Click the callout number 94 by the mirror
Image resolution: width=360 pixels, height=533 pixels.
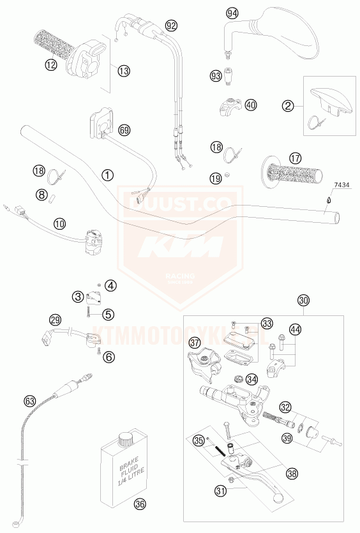(x=232, y=13)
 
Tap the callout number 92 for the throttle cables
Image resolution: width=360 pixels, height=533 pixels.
(x=170, y=26)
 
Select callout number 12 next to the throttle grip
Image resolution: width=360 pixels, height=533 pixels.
(x=50, y=64)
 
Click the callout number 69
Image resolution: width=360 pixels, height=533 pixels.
(x=124, y=130)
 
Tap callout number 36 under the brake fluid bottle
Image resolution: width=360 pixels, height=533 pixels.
(x=140, y=504)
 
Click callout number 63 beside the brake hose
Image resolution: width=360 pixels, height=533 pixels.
(x=29, y=401)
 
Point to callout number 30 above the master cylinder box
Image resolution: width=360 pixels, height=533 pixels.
(x=303, y=301)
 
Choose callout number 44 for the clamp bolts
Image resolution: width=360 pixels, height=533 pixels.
(x=294, y=329)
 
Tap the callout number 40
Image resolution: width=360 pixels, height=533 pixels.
(x=251, y=105)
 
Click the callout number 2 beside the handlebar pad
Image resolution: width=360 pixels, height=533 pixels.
(x=289, y=105)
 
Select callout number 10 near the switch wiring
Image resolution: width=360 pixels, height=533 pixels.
(x=59, y=223)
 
